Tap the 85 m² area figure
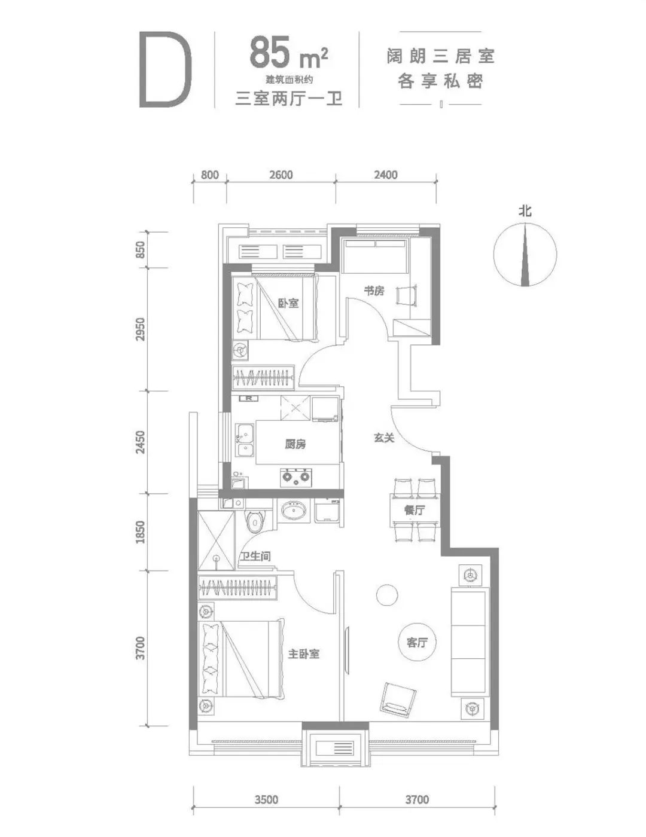(x=288, y=52)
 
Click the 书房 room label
(x=374, y=291)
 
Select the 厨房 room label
(x=295, y=444)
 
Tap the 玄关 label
(x=384, y=438)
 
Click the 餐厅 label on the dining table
(x=414, y=510)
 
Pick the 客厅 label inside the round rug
(x=416, y=642)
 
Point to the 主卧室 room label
(x=303, y=653)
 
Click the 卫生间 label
(x=255, y=556)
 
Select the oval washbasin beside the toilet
(x=294, y=511)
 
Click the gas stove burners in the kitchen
(x=295, y=477)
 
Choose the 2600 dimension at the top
(x=281, y=175)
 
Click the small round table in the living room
(x=386, y=595)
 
